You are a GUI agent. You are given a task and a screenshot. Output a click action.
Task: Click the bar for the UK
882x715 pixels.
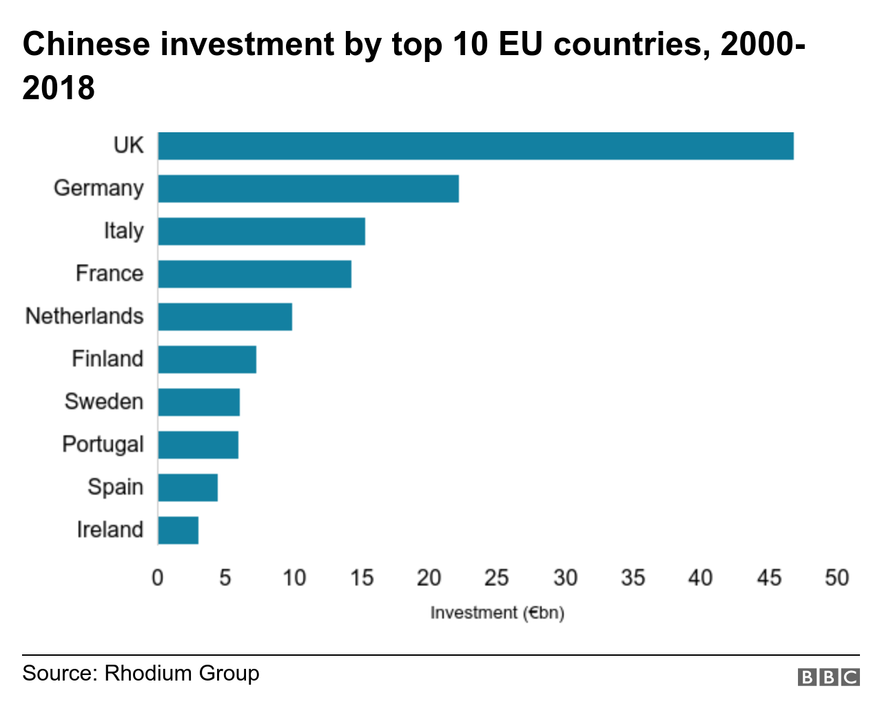(x=475, y=146)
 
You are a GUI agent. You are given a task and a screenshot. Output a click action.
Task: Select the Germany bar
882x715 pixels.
(x=308, y=189)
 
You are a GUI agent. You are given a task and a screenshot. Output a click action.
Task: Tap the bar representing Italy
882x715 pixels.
(x=261, y=231)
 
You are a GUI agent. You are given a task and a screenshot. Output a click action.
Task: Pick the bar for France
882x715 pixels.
(x=254, y=274)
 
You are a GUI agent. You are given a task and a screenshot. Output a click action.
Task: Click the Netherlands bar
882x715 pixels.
(x=225, y=317)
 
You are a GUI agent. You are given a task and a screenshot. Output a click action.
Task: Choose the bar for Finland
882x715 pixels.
(x=207, y=360)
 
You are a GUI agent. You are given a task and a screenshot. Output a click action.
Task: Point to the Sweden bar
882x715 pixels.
(x=198, y=402)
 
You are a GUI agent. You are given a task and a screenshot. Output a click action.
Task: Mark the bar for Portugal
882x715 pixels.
(x=198, y=445)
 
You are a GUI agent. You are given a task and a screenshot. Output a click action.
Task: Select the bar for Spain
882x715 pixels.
(x=187, y=488)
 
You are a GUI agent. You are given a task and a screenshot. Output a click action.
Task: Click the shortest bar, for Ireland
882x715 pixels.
(x=178, y=530)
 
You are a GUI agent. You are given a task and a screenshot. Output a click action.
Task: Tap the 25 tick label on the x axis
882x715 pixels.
(x=496, y=577)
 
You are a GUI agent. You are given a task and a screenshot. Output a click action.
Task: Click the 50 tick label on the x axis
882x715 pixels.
(x=837, y=577)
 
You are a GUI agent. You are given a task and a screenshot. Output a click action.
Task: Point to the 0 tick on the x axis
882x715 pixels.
(x=158, y=577)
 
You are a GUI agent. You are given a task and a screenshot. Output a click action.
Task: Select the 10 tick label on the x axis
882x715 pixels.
(x=294, y=577)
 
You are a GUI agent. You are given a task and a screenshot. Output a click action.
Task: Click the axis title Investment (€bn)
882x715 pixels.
(x=497, y=612)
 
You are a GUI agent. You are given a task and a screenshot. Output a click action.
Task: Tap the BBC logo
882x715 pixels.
(x=828, y=677)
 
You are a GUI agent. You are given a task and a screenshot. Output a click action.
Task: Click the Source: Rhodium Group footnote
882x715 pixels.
(x=141, y=673)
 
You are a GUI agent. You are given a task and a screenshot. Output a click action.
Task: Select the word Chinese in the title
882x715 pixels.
(x=86, y=44)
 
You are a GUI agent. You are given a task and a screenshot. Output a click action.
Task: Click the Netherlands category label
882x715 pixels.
(x=84, y=316)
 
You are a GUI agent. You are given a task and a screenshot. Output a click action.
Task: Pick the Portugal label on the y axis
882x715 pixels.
(x=103, y=444)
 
